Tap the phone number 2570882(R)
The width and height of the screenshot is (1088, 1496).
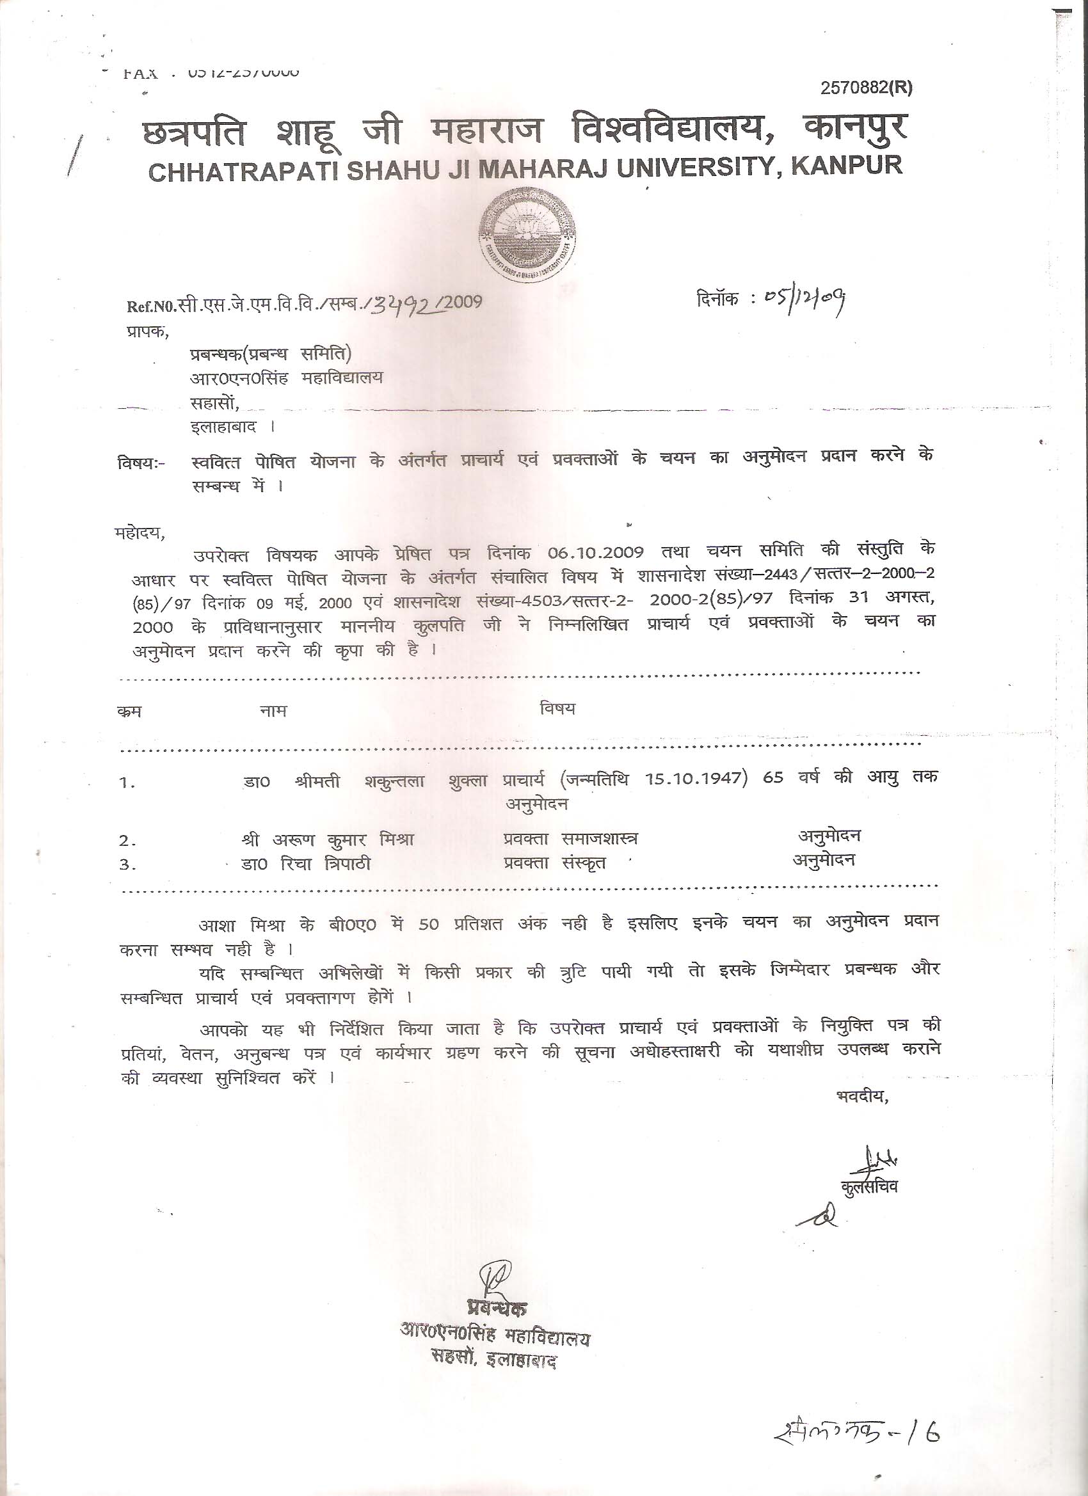pyautogui.click(x=867, y=88)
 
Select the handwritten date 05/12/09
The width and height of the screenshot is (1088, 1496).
pyautogui.click(x=805, y=301)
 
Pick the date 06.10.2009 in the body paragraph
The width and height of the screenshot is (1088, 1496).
pyautogui.click(x=595, y=552)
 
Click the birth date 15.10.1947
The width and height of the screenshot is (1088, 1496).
pyautogui.click(x=696, y=778)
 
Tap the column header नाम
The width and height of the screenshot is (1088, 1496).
pyautogui.click(x=273, y=711)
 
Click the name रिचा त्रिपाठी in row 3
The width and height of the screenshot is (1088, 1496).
pyautogui.click(x=325, y=864)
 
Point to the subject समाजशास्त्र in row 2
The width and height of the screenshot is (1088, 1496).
pyautogui.click(x=600, y=839)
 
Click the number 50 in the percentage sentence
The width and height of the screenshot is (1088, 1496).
pyautogui.click(x=428, y=925)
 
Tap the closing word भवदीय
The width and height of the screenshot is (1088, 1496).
pyautogui.click(x=861, y=1097)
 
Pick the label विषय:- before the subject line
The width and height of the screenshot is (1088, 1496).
pyautogui.click(x=143, y=464)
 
